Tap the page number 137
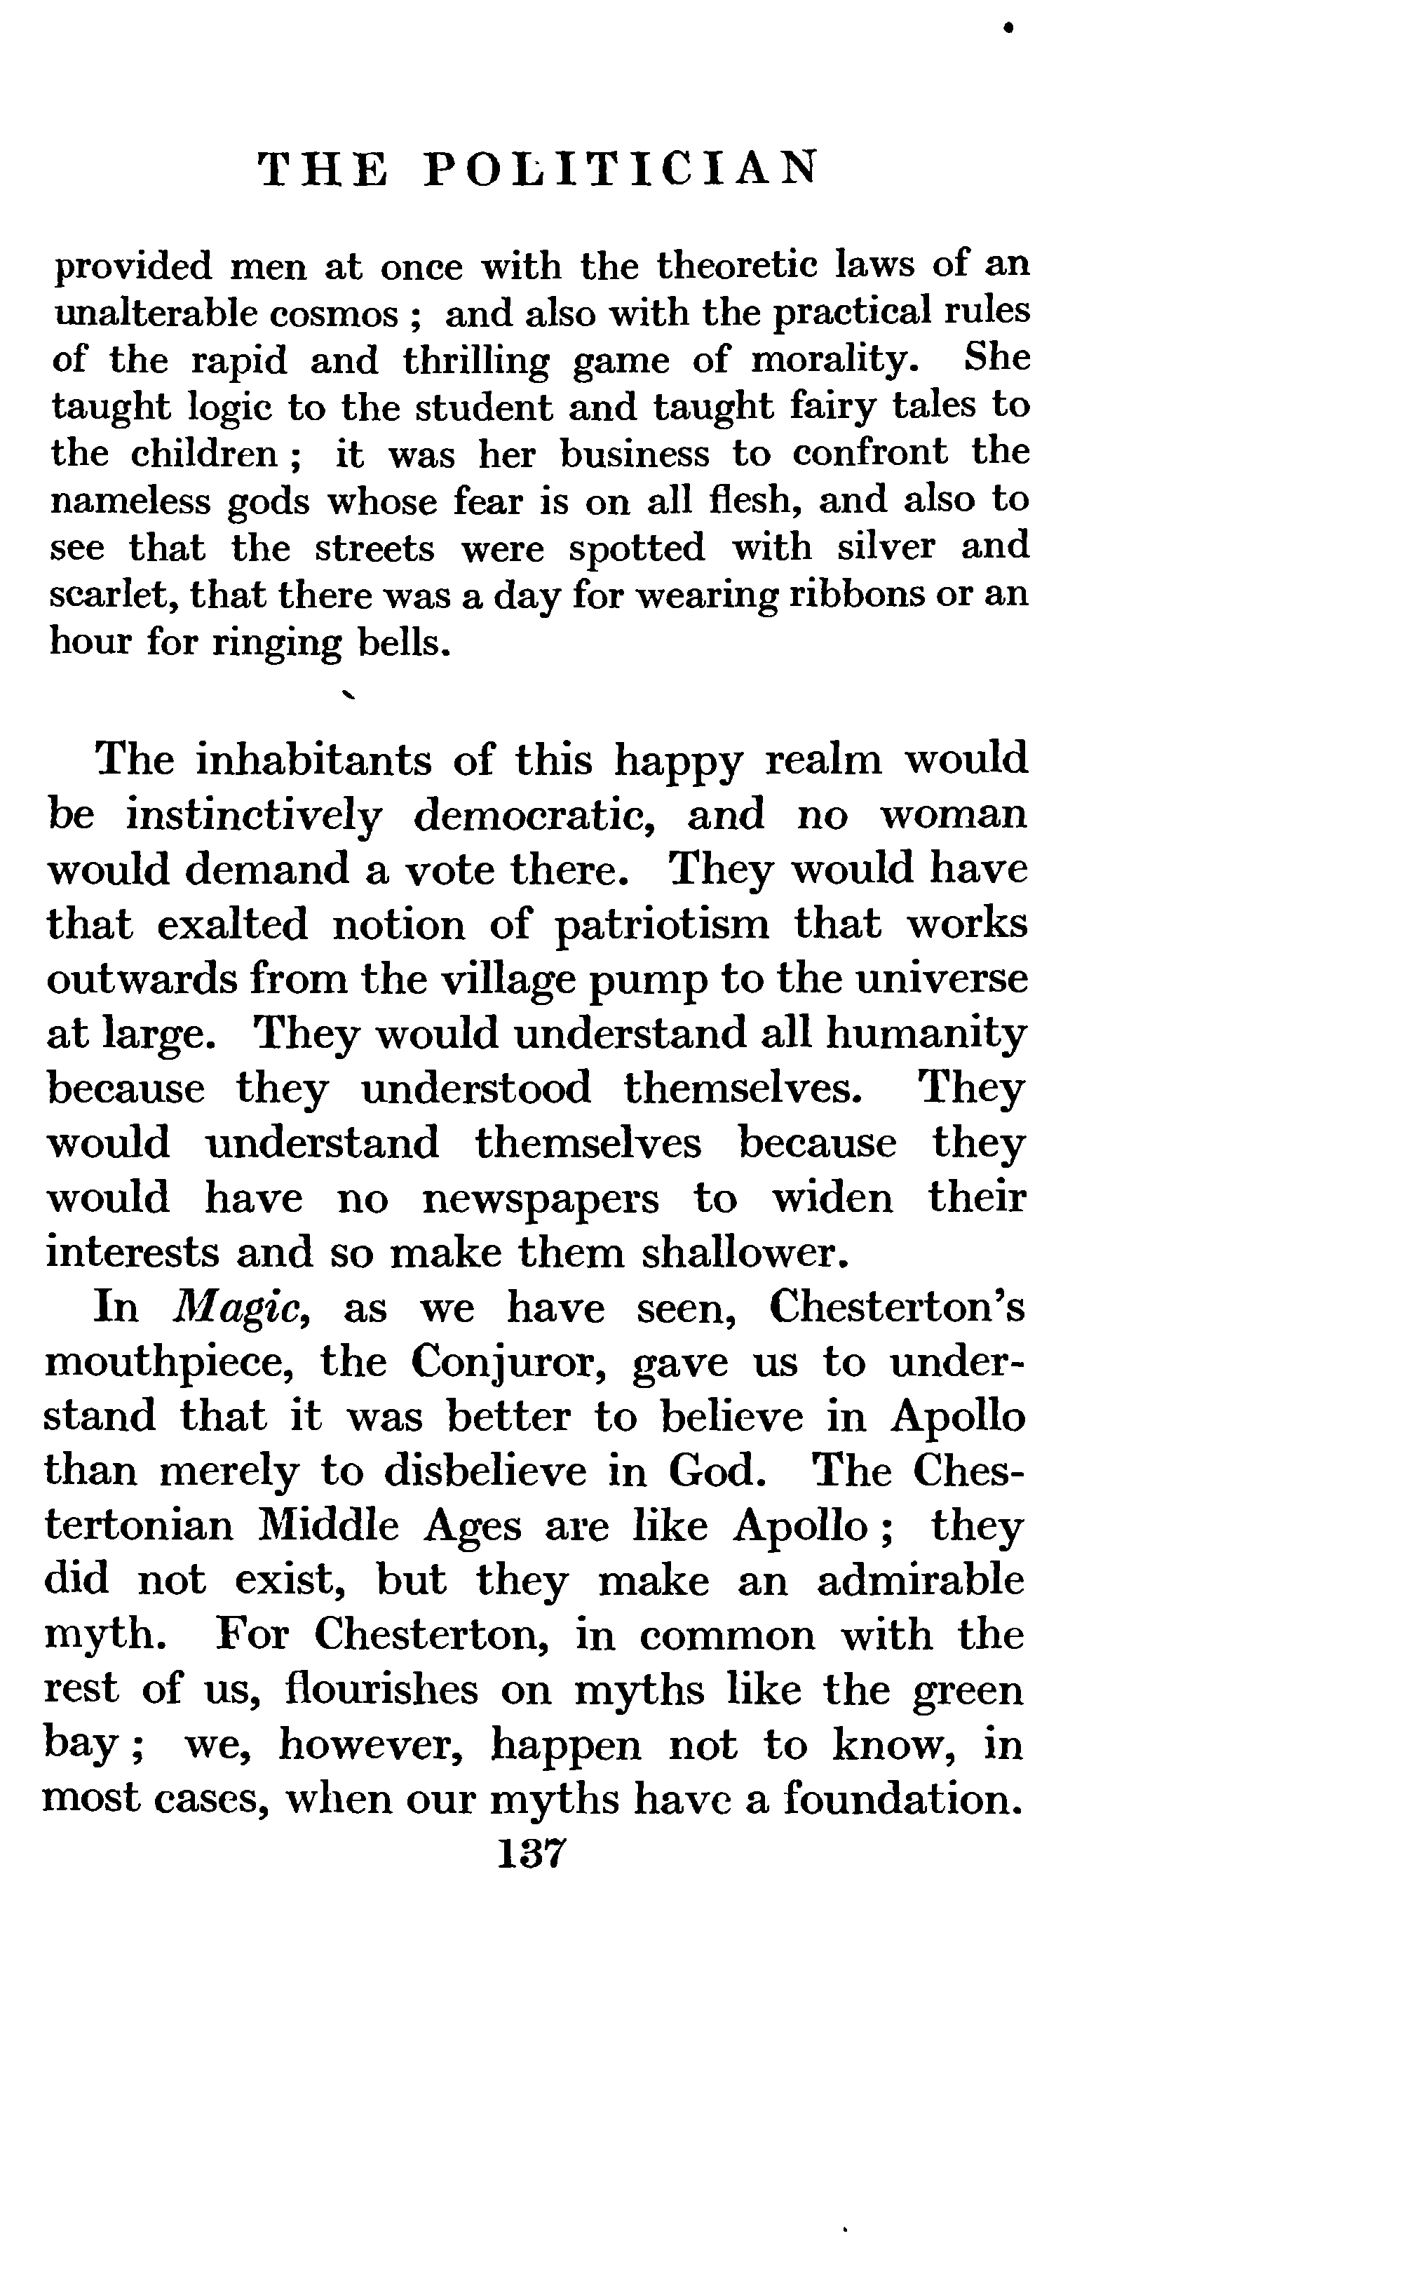(531, 1854)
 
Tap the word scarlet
(112, 594)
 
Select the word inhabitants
(313, 760)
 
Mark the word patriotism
(663, 925)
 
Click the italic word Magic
(241, 1309)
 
